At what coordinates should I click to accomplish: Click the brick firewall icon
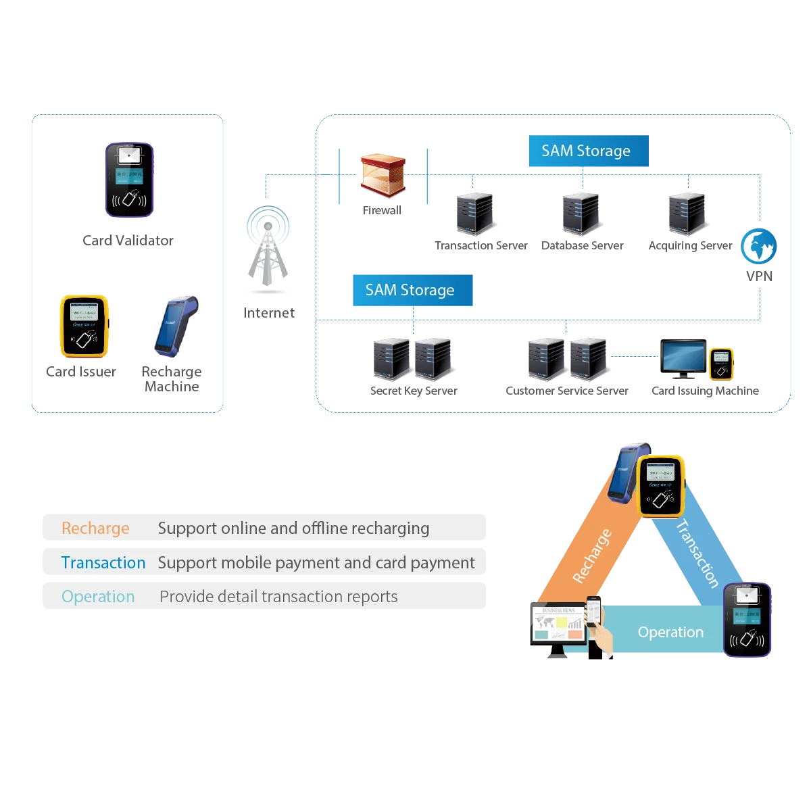point(383,175)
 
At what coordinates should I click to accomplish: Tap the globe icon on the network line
point(759,247)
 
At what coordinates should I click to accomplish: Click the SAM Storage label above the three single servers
point(586,151)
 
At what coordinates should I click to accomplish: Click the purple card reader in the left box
point(129,180)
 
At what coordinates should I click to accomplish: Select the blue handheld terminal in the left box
point(174,326)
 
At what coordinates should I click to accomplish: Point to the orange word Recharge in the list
point(95,529)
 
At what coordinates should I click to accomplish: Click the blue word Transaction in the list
point(103,563)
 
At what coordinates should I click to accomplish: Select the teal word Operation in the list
point(98,597)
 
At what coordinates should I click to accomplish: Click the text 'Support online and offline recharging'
point(293,529)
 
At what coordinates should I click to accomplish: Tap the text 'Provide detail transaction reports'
point(278,597)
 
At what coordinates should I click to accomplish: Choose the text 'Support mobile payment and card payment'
point(316,563)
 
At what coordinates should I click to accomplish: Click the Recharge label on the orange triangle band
point(592,556)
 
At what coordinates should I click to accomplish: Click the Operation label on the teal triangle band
point(670,633)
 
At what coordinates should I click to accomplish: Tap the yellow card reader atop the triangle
point(662,486)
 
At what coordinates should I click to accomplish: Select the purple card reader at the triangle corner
point(747,620)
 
